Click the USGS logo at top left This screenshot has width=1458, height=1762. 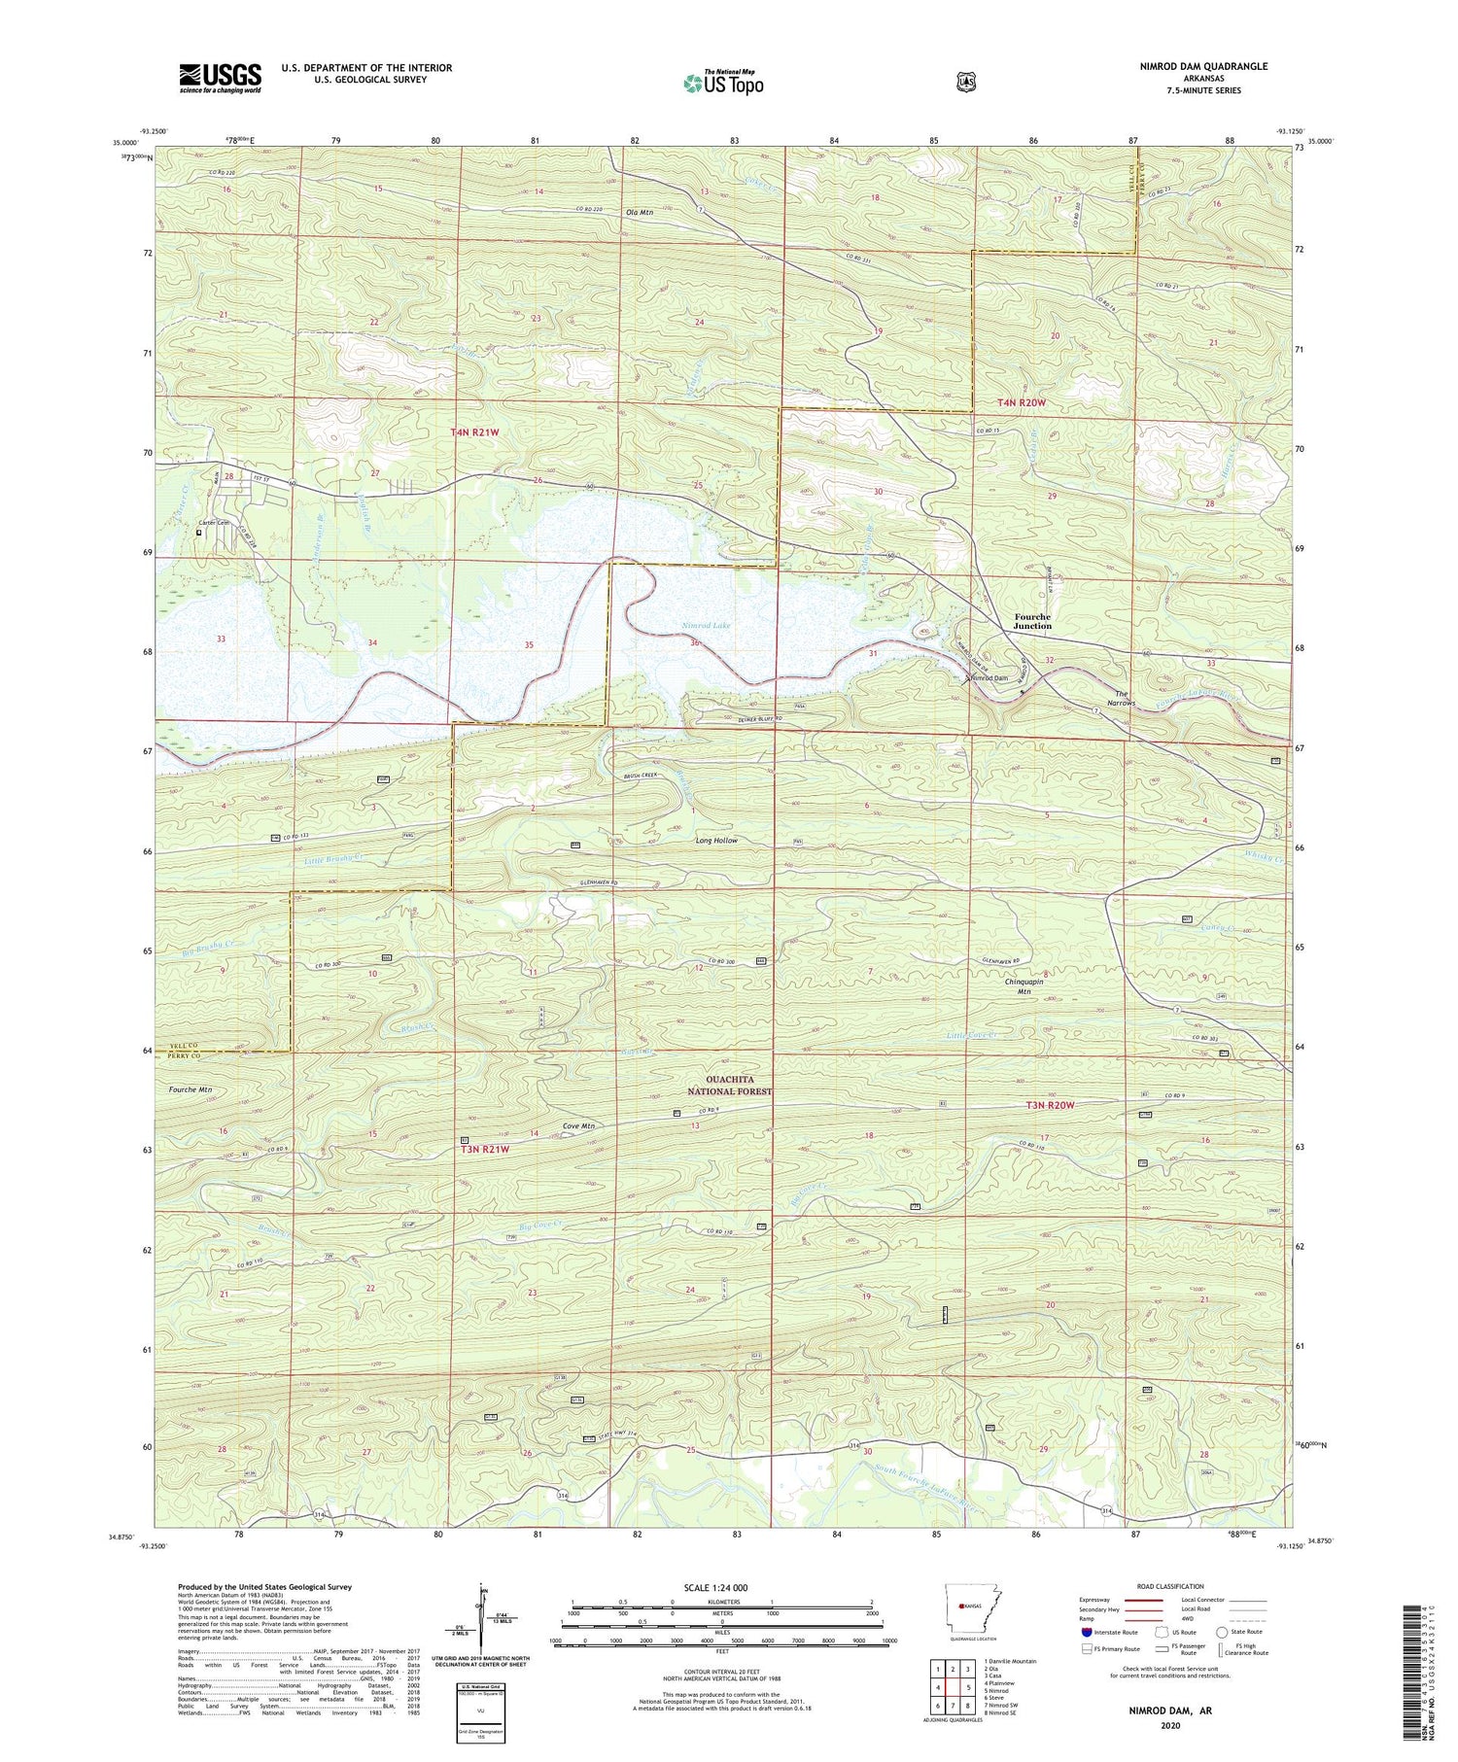(x=220, y=78)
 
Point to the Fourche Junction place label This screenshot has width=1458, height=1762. (x=1032, y=621)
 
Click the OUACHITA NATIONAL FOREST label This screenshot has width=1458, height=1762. (x=729, y=1086)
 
